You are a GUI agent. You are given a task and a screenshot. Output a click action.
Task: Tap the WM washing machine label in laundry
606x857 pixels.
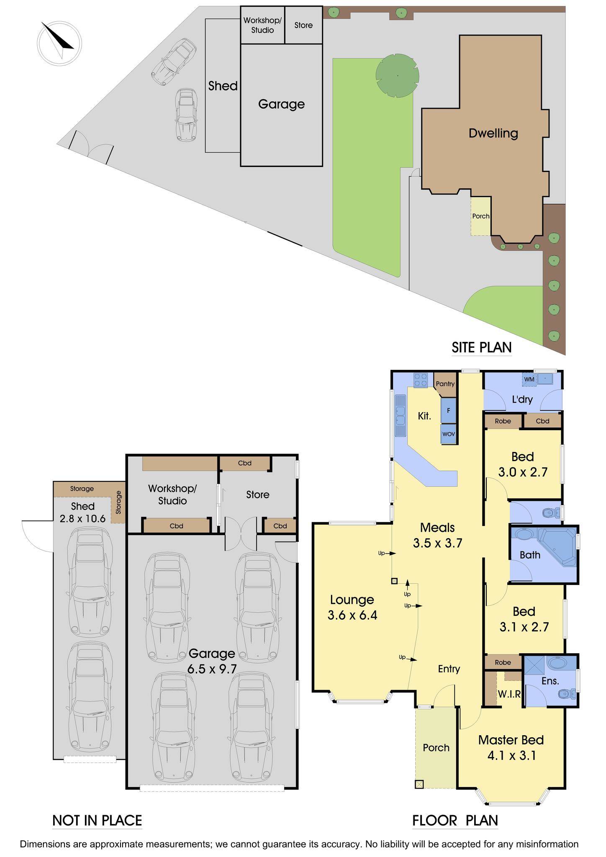(x=529, y=379)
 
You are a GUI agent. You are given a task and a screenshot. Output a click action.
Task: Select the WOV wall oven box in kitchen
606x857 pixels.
(x=448, y=434)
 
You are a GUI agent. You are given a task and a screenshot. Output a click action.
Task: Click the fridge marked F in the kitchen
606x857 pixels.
(x=448, y=411)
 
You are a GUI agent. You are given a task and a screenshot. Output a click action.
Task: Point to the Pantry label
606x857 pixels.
(x=445, y=384)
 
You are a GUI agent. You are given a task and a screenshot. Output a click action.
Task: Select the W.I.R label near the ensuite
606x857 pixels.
(x=509, y=694)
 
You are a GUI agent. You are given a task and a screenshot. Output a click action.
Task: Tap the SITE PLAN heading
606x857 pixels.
(x=481, y=347)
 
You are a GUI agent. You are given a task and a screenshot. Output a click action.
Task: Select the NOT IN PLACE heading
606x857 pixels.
(x=97, y=821)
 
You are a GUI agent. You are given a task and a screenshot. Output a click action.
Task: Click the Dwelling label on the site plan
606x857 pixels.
(x=493, y=133)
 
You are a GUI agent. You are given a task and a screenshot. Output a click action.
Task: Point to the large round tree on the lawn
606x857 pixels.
(x=397, y=76)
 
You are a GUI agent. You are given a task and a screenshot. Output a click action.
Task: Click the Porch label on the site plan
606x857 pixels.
(x=480, y=216)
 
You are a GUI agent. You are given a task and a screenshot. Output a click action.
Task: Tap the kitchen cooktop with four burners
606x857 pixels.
(x=421, y=380)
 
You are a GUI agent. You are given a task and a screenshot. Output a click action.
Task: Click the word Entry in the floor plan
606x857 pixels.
(x=449, y=669)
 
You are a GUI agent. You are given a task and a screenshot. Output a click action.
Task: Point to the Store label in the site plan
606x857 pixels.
(x=303, y=25)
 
